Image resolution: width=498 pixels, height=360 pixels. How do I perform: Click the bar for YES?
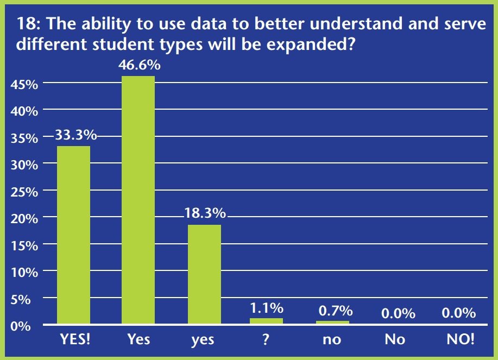coord(73,235)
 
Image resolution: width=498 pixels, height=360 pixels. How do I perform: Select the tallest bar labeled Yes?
coord(138,200)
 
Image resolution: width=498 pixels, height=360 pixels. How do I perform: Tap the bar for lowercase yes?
coord(204,275)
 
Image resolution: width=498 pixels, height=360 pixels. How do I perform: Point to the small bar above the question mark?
coord(267,321)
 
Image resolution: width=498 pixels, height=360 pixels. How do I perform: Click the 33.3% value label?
coord(74,135)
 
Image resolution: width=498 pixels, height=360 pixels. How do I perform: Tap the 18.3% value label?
coord(204,213)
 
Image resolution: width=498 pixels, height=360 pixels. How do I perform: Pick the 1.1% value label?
coord(267,308)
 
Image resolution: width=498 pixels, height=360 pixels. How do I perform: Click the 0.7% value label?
coord(333,311)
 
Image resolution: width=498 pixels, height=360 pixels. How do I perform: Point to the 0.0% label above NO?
coord(458,313)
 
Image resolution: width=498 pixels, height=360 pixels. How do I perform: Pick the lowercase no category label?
coord(332,340)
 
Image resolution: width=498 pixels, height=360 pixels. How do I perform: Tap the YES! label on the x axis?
coord(74,340)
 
